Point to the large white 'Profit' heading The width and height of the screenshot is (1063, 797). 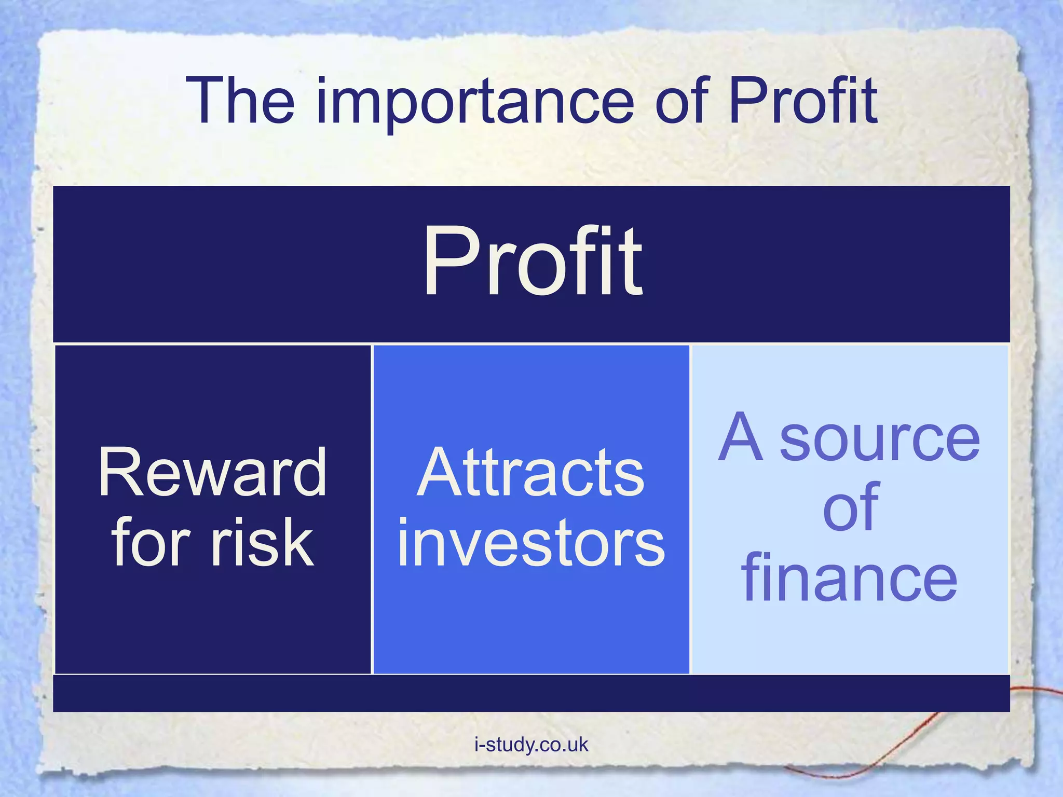[x=533, y=263]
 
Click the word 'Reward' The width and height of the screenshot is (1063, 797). [x=212, y=472]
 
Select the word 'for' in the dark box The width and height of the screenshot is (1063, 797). [x=151, y=543]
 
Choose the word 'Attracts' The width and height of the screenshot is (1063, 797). [x=530, y=472]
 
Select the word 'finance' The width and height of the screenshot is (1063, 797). [x=849, y=578]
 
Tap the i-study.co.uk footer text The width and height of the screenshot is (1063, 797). [x=531, y=745]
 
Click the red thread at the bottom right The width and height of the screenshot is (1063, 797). [x=914, y=737]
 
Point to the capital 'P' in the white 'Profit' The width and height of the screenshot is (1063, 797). [x=449, y=263]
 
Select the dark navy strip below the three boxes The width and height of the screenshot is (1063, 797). [x=531, y=693]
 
